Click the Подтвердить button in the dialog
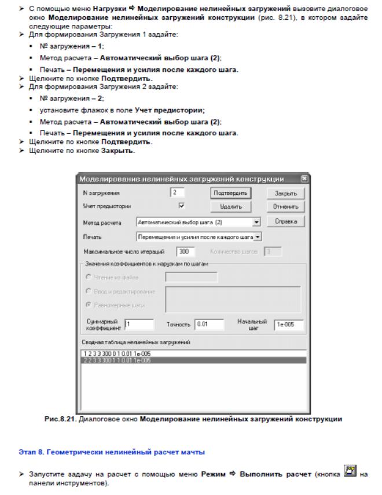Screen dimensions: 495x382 229,193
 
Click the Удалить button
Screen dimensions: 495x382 229,206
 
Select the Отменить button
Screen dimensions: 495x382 282,206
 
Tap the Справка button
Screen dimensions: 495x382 282,221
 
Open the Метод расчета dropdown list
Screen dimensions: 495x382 256,221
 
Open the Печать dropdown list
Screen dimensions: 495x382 259,236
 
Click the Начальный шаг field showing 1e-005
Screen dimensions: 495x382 288,324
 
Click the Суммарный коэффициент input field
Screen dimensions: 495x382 138,324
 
